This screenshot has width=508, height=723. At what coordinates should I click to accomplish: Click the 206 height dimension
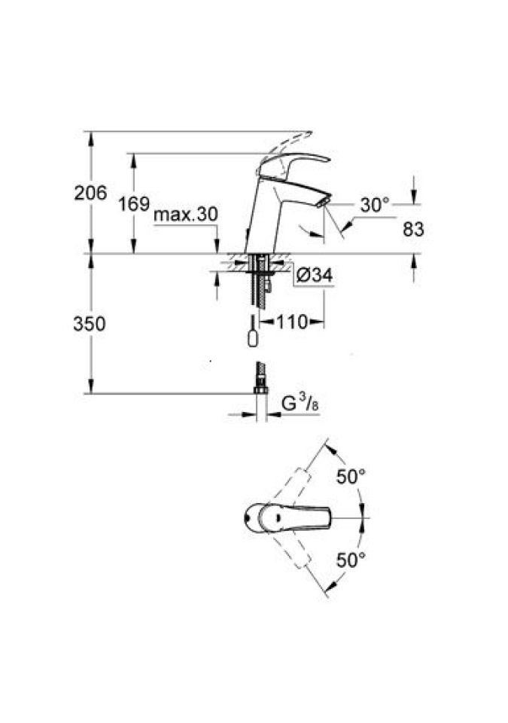(x=90, y=192)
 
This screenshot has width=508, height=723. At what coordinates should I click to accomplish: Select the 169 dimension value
(x=134, y=203)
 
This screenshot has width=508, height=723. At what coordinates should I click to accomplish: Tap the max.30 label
(x=185, y=215)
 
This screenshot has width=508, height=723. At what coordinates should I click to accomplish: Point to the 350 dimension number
(x=90, y=324)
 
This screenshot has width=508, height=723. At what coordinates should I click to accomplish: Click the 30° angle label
(x=375, y=205)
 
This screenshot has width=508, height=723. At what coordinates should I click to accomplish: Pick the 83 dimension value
(x=413, y=229)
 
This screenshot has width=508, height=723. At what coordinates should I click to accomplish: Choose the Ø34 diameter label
(x=314, y=276)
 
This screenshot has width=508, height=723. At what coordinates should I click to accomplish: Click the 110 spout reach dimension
(x=292, y=322)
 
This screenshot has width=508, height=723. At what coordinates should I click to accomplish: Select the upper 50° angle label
(x=351, y=477)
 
